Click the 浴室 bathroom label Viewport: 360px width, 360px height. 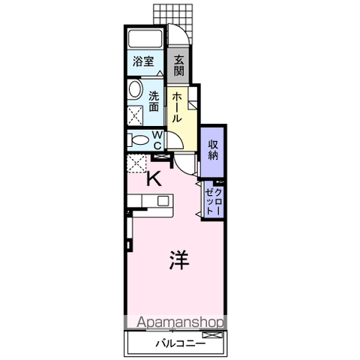(x=143, y=61)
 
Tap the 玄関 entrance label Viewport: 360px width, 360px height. (x=179, y=65)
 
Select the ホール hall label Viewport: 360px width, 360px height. (x=177, y=107)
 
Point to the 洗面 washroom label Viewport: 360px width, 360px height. (x=154, y=101)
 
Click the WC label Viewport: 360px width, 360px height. (x=157, y=140)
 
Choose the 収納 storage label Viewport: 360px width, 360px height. (x=213, y=150)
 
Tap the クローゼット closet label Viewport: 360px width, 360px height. (x=213, y=200)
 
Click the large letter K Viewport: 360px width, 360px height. (x=154, y=178)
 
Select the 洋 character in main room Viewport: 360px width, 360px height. (x=179, y=260)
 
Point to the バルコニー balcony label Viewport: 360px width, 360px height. (x=181, y=343)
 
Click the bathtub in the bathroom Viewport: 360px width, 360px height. (x=145, y=39)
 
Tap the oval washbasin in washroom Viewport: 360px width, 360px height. (x=135, y=89)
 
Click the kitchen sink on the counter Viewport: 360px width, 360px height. (x=163, y=201)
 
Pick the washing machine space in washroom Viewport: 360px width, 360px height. (x=135, y=115)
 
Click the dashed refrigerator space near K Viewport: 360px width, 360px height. (x=136, y=163)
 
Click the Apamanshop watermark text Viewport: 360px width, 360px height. (x=180, y=322)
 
